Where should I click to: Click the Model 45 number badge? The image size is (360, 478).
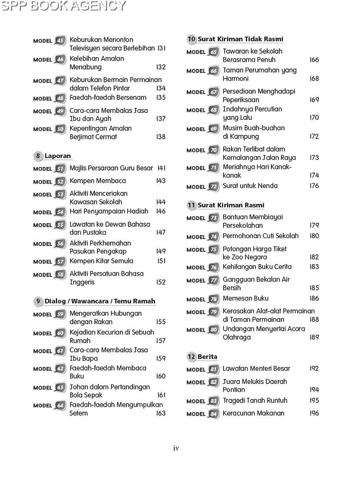[x=60, y=41]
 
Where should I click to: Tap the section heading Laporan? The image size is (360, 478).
[x=58, y=156]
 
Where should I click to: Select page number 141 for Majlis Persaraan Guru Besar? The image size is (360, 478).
[x=161, y=168]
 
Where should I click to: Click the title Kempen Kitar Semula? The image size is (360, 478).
[x=101, y=261]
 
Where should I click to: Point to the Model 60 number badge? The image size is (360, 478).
[x=60, y=333]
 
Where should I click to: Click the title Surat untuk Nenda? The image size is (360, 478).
[x=250, y=186]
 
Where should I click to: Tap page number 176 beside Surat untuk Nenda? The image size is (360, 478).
[x=314, y=186]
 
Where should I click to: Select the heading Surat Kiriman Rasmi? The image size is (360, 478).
[x=231, y=205]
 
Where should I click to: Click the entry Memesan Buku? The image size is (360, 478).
[x=245, y=299]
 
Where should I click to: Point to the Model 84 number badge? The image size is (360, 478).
[x=213, y=414]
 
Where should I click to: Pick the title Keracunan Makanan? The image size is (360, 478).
[x=253, y=413]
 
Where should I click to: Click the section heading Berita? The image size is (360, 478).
[x=207, y=357]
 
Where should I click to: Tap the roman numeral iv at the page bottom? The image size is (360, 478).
[x=176, y=449]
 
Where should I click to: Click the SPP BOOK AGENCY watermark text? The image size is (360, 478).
[x=64, y=6]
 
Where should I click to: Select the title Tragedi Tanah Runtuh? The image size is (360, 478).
[x=255, y=401]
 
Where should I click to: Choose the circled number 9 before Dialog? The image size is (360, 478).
[x=38, y=301]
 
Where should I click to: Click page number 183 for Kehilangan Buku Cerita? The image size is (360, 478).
[x=314, y=267]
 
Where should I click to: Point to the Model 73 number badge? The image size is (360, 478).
[x=213, y=218]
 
